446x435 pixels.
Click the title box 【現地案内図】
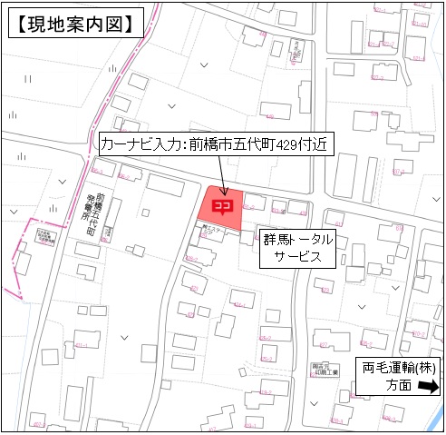click(77, 22)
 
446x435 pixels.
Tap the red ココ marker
click(222, 206)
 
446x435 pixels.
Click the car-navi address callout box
click(212, 143)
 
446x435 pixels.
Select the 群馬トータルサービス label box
click(297, 248)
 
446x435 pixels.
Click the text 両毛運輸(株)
click(399, 370)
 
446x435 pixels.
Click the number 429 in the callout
click(291, 143)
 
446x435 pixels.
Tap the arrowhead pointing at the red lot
click(222, 189)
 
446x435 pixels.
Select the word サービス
click(297, 257)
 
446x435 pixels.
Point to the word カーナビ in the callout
click(121, 143)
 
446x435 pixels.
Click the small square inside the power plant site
click(105, 232)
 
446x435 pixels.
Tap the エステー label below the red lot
click(212, 232)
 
